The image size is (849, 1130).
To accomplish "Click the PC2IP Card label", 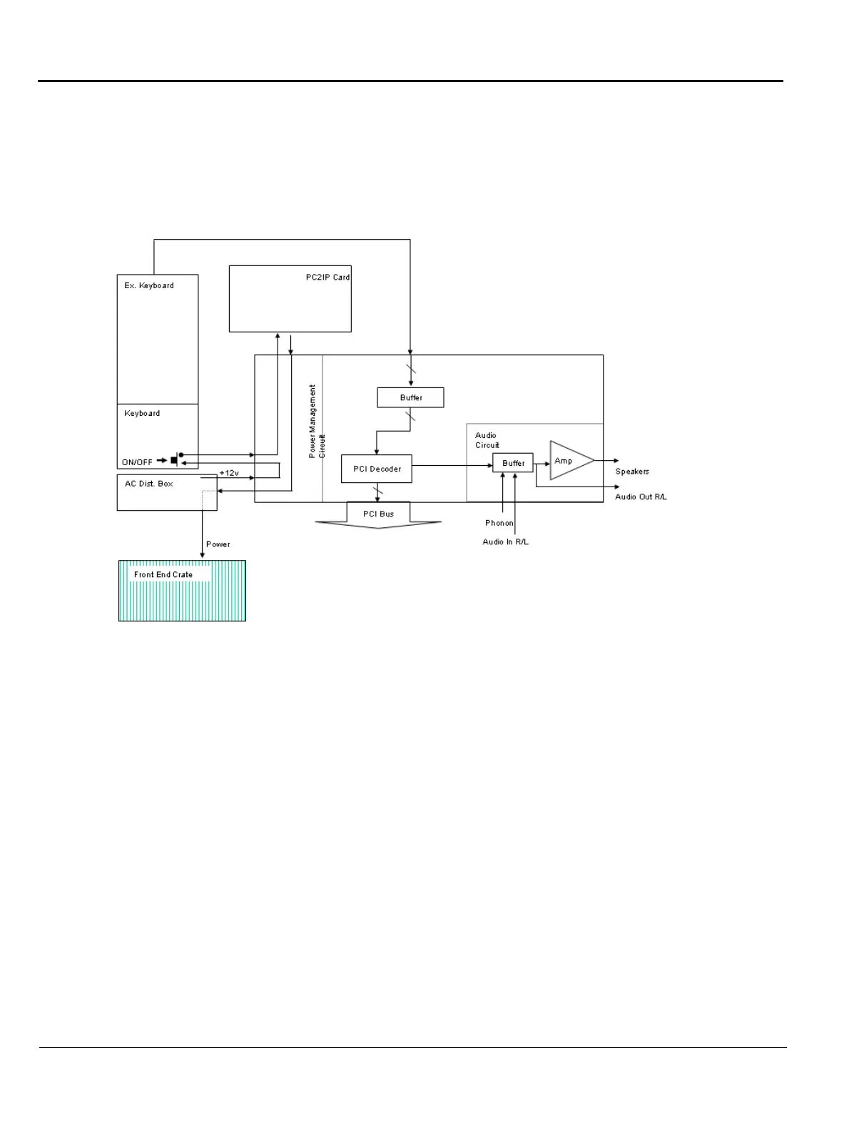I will point(327,278).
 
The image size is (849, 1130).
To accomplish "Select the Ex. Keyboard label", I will point(148,285).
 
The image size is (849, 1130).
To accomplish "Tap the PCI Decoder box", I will point(377,469).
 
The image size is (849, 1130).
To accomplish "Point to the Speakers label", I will point(632,472).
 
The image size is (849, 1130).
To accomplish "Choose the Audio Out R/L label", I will point(641,497).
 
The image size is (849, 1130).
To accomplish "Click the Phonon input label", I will point(499,523).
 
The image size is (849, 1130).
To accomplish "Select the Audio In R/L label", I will point(505,542).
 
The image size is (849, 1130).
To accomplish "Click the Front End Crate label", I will point(163,574).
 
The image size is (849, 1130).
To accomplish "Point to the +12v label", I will point(229,473).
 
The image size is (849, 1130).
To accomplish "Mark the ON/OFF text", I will point(137,462).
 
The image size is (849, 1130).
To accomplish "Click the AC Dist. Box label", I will point(148,484).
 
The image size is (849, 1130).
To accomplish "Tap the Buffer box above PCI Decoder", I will point(410,397).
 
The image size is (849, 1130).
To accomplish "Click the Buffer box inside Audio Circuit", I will point(513,463).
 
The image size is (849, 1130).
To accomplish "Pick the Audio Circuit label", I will point(487,440).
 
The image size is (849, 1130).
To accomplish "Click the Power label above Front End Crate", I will point(218,544).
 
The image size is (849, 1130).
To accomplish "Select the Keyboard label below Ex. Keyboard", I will point(142,413).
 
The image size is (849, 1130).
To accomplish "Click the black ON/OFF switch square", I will point(173,461).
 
